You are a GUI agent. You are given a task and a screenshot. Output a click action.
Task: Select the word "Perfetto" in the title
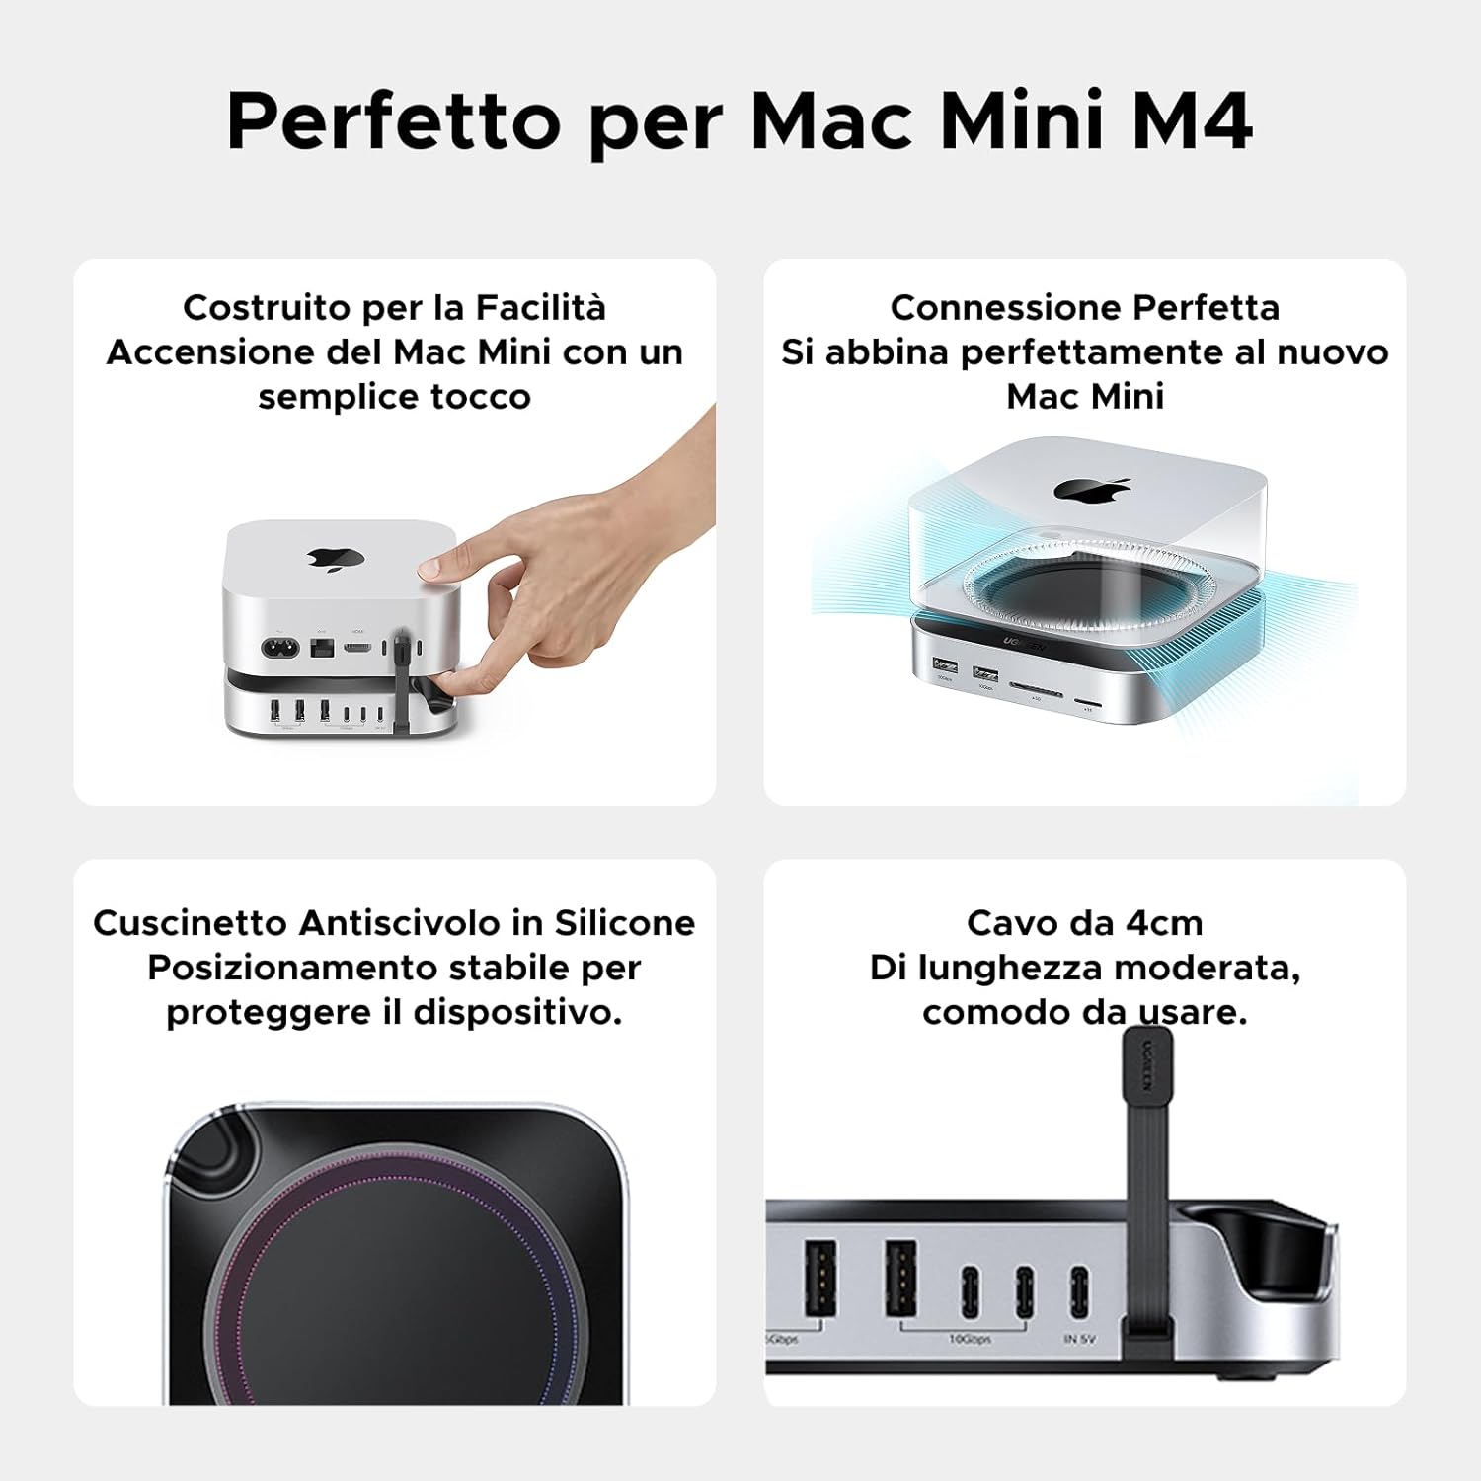tap(393, 121)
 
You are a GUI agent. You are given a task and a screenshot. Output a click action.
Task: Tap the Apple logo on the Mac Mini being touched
tap(335, 559)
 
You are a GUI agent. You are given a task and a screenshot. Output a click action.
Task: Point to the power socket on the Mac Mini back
tap(279, 649)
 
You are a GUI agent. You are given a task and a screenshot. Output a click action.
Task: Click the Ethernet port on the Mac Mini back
tap(322, 649)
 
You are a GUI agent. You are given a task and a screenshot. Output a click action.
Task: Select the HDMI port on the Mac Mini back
tap(357, 649)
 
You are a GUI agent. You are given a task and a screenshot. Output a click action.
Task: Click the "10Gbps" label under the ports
tap(969, 1339)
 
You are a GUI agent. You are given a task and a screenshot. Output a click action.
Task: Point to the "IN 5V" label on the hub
tap(1079, 1339)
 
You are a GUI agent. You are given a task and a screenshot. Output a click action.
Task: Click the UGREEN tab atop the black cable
tap(1147, 1064)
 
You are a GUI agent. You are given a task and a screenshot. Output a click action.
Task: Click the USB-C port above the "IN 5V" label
tap(1079, 1291)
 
